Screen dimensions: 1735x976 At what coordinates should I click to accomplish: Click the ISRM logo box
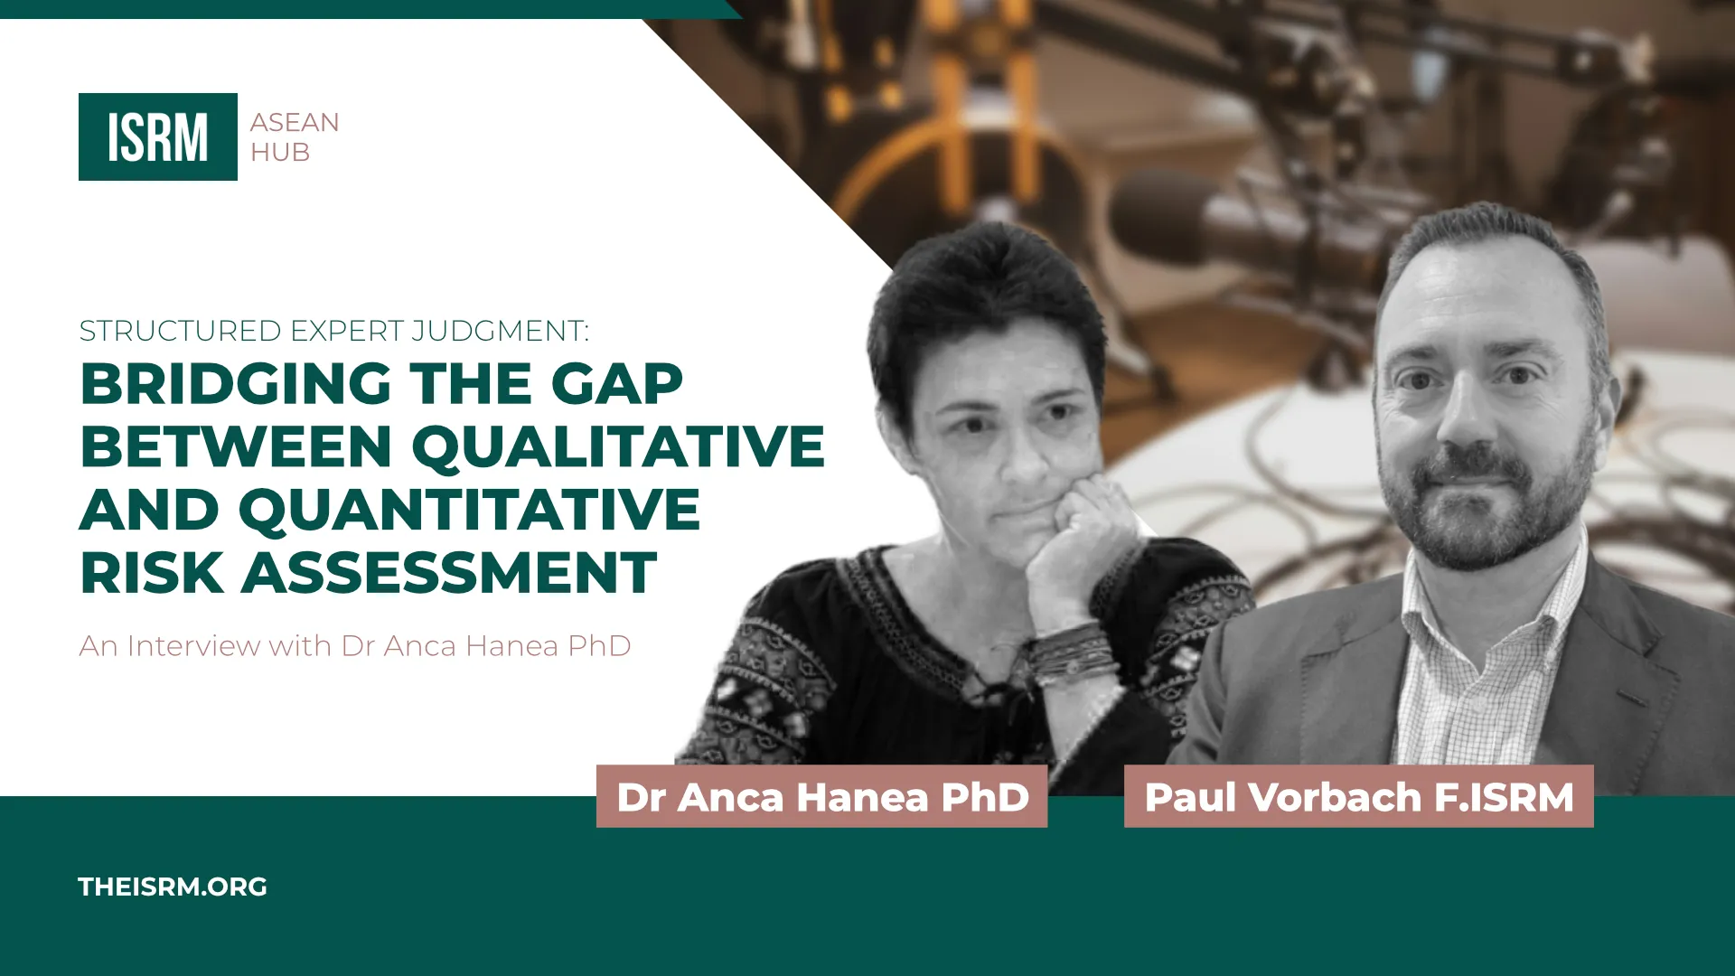[x=158, y=136]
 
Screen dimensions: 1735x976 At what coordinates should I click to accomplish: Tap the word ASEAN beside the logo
[x=295, y=122]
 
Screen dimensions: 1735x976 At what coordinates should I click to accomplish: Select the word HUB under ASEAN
[x=280, y=153]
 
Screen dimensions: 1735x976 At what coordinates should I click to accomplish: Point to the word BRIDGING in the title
[x=236, y=383]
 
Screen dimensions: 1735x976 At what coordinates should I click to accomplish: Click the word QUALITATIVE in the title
[x=619, y=446]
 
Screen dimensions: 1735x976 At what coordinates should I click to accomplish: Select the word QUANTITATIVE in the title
[x=470, y=510]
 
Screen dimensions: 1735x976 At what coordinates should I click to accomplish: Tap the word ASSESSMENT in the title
[x=449, y=572]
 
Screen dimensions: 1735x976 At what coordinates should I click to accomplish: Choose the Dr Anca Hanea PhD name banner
[x=822, y=796]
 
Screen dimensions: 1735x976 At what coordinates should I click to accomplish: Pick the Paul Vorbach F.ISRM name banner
[x=1359, y=796]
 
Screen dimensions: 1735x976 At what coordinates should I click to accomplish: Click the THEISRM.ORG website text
[x=173, y=887]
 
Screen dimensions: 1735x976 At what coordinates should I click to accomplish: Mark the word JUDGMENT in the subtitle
[x=500, y=331]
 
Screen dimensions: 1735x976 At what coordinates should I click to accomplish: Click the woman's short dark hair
[x=985, y=289]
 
